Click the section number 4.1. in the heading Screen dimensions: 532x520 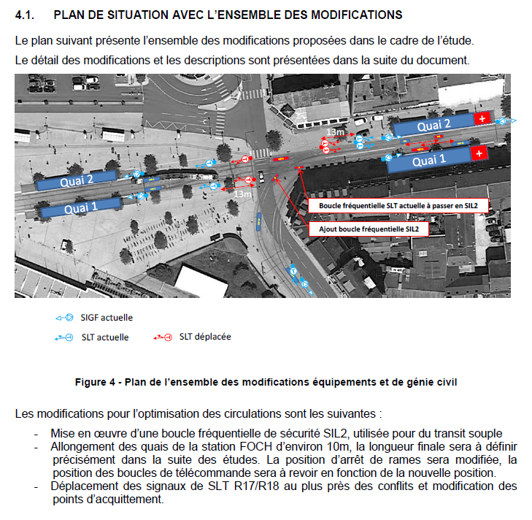pos(25,15)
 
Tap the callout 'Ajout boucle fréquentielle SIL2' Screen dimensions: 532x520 pos(369,229)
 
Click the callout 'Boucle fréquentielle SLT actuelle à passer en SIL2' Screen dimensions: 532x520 pos(398,206)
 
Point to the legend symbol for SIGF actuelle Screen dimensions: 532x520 pos(64,318)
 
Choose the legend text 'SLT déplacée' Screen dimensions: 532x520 pos(205,337)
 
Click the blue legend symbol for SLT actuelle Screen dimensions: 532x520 pos(63,337)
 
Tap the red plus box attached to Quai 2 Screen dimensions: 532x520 pos(482,118)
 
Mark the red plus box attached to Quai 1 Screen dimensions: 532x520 pos(479,153)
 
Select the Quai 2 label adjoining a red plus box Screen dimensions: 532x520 pos(433,126)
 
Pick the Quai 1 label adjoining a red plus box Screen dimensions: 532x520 pos(429,161)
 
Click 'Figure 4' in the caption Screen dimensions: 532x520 pos(96,382)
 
